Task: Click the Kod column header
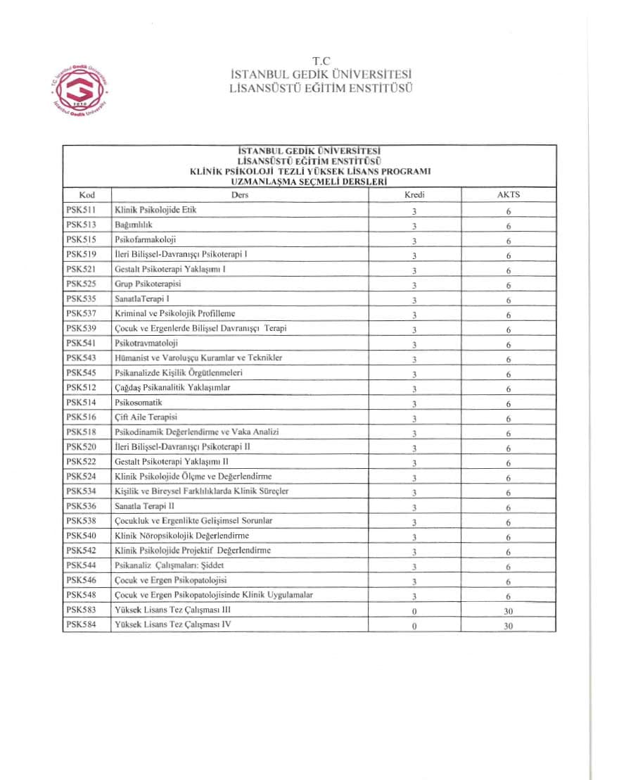(x=87, y=195)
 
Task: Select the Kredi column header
(x=414, y=195)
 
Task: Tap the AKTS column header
(x=508, y=195)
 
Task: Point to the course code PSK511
(x=81, y=210)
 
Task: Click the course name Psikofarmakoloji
(x=145, y=239)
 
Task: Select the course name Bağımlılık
(x=133, y=225)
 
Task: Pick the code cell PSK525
(x=81, y=284)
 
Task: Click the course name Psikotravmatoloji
(x=146, y=343)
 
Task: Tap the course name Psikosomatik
(x=139, y=402)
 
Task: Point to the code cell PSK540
(x=81, y=535)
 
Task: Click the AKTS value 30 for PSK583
(x=508, y=611)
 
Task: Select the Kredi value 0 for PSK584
(x=415, y=626)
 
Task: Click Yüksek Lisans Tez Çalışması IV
(x=173, y=624)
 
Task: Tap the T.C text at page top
(x=321, y=62)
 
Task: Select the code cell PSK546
(x=81, y=579)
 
